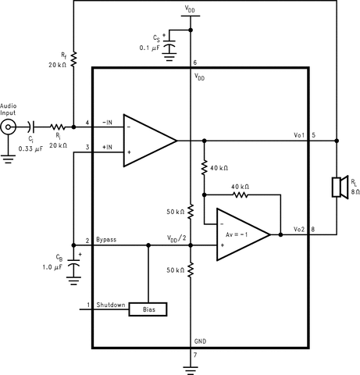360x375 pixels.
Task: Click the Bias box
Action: click(148, 309)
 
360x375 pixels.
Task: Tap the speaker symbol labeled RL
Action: click(338, 187)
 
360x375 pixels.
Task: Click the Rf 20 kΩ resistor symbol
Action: click(73, 58)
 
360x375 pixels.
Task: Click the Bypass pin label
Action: click(107, 239)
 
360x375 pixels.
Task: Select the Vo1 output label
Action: click(299, 135)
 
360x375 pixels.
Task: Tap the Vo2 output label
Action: click(299, 228)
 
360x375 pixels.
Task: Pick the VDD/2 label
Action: click(178, 238)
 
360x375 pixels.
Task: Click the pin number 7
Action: click(196, 355)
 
